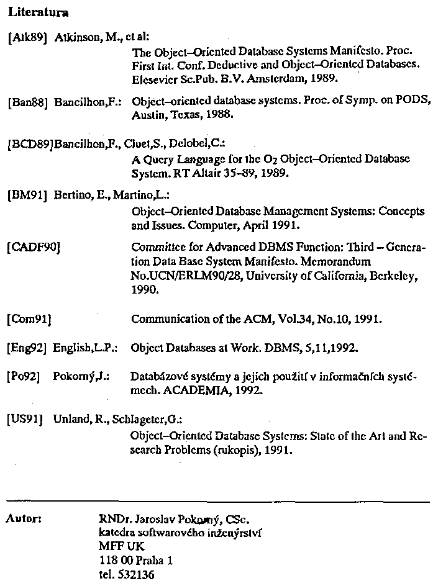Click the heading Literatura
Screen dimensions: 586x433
[x=38, y=12]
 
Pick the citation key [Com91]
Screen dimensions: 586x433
[x=29, y=320]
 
